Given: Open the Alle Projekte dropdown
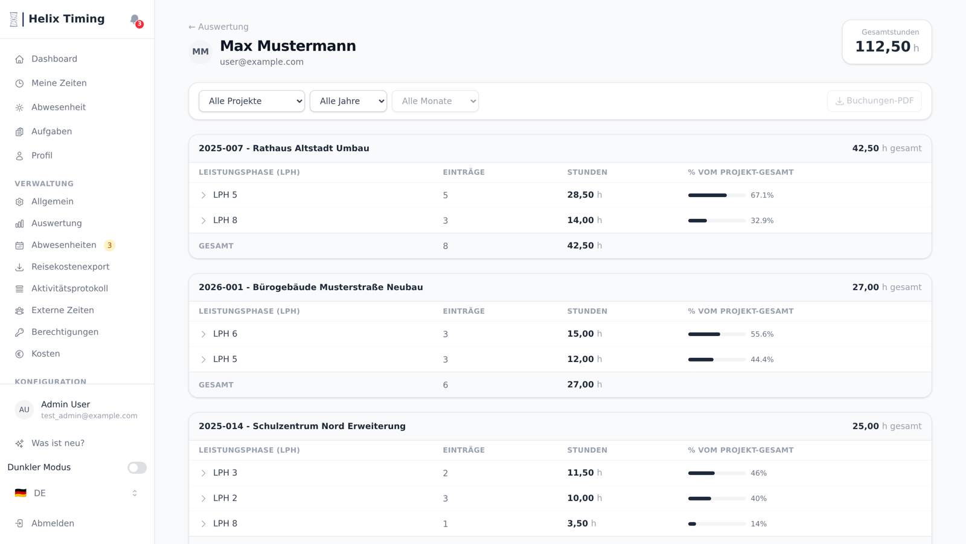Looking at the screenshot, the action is (251, 101).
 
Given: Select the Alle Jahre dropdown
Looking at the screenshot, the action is (348, 101).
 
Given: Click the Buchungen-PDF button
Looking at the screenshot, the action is (874, 101).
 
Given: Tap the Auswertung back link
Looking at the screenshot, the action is (219, 27).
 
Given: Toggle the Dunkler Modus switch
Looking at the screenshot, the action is (137, 468).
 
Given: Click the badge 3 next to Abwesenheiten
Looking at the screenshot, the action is (109, 245).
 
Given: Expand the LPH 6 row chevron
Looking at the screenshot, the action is (203, 334).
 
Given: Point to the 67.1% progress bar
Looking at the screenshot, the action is (717, 195).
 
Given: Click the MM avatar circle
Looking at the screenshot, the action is (200, 52).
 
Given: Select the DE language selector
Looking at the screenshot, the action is (76, 493).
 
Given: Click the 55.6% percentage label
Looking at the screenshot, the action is (762, 334).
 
